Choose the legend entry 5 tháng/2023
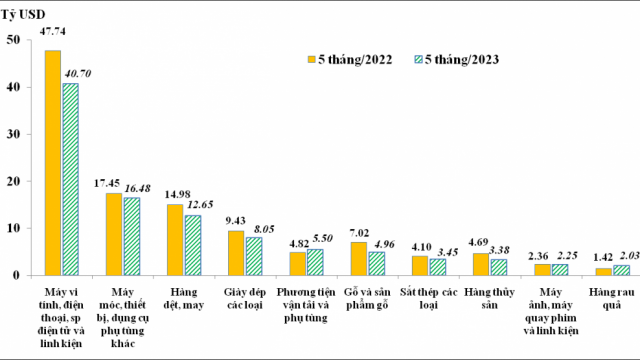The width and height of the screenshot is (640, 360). tap(454, 59)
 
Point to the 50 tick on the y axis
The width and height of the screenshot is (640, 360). tap(12, 40)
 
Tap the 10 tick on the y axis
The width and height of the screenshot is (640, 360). tap(12, 228)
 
